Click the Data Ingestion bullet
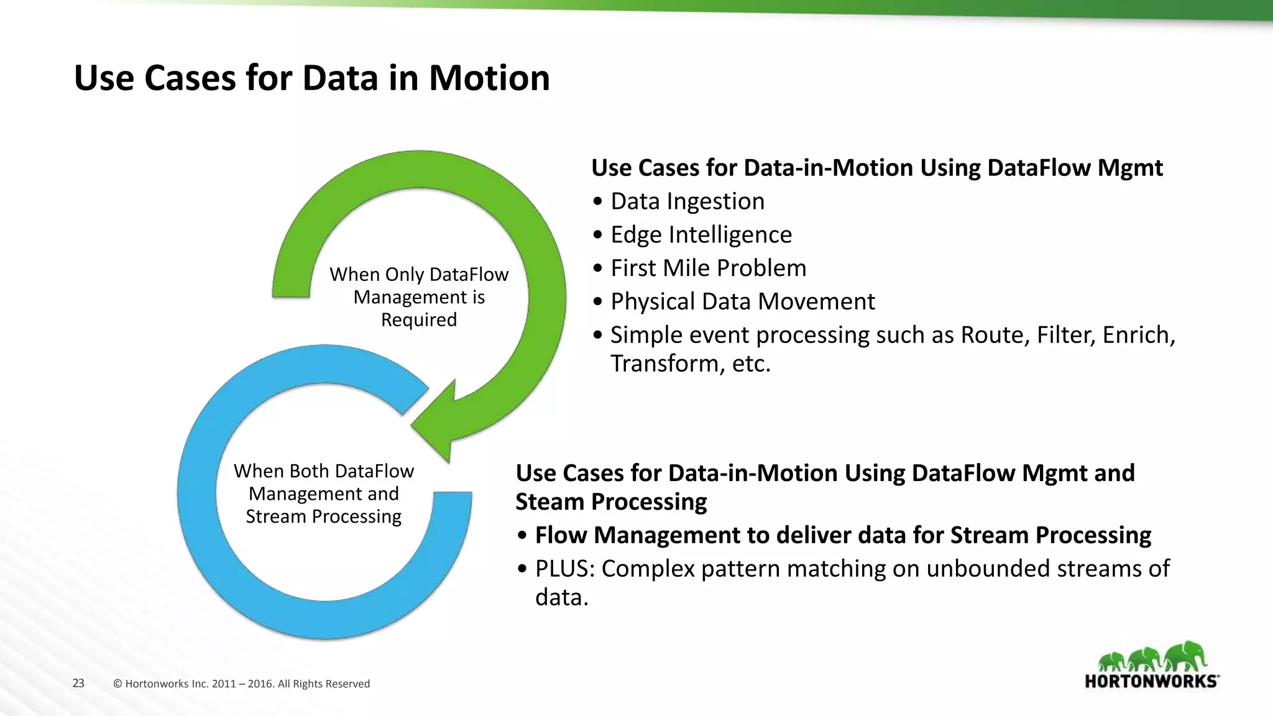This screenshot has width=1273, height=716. click(x=687, y=201)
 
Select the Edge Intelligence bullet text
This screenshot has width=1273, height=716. click(x=701, y=235)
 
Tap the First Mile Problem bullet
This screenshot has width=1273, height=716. click(x=708, y=268)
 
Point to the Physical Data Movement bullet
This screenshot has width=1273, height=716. click(x=742, y=302)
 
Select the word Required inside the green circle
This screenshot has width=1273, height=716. click(x=418, y=320)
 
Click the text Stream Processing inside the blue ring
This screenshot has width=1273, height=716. click(x=323, y=516)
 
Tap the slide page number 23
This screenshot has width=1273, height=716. click(x=78, y=683)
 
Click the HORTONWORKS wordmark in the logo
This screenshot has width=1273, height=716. click(x=1151, y=681)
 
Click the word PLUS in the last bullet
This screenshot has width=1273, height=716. click(x=564, y=569)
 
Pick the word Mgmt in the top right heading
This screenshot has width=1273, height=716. click(x=1129, y=168)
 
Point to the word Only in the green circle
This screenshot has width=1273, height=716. click(x=404, y=275)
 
